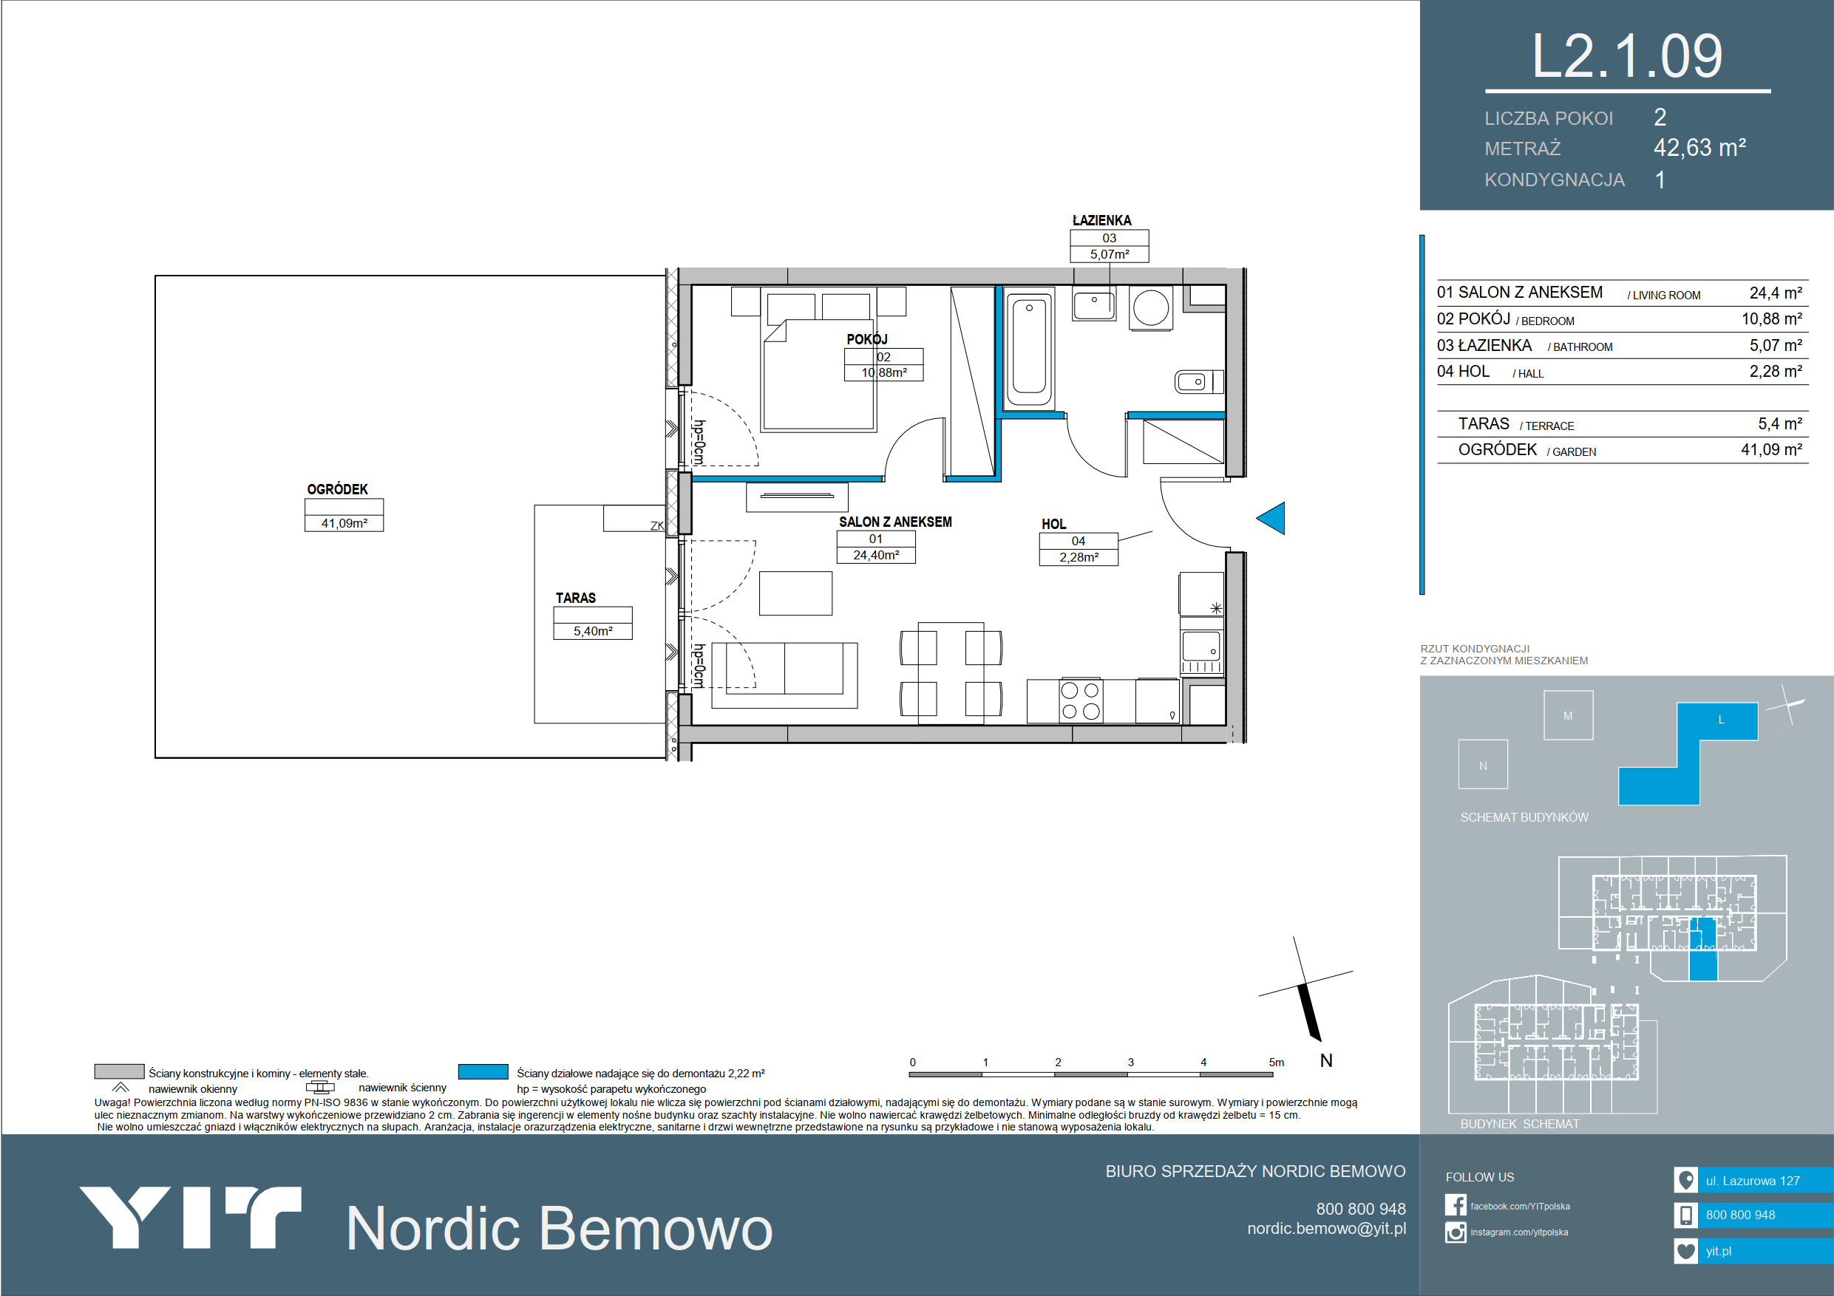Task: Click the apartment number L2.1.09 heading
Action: (1627, 57)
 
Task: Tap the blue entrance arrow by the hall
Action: (1271, 518)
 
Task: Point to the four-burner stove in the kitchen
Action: (1081, 701)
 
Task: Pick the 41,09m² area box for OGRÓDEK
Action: (344, 515)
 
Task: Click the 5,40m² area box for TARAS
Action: (593, 623)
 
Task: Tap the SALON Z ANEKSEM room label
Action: (894, 522)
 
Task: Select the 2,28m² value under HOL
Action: (1079, 557)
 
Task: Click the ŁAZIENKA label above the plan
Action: (1101, 220)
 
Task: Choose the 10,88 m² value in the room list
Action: (1772, 319)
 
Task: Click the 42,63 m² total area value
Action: (1699, 148)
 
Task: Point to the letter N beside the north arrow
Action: (1326, 1060)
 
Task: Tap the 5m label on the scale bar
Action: (1277, 1062)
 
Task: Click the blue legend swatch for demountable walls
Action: (483, 1071)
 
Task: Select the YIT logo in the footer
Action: (190, 1218)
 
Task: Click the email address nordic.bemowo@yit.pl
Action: (1327, 1228)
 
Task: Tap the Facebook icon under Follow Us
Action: (1456, 1205)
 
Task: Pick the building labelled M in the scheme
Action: (1568, 715)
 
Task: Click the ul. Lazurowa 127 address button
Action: (1753, 1180)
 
